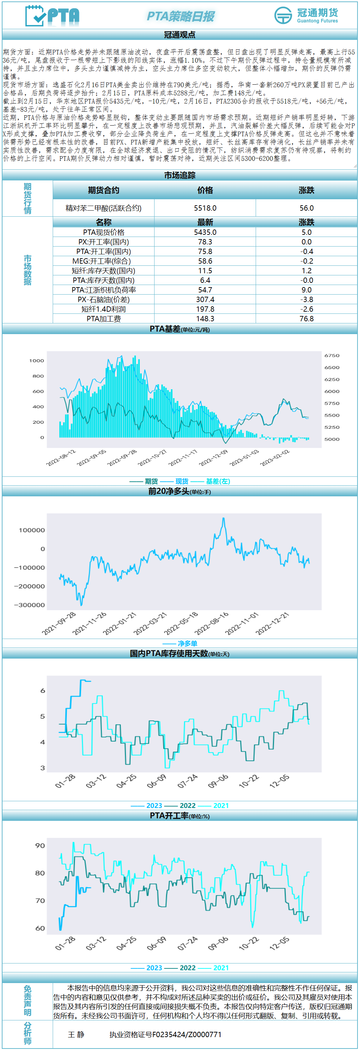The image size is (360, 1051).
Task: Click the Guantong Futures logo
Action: click(x=306, y=16)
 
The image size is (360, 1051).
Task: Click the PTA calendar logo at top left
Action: click(x=52, y=16)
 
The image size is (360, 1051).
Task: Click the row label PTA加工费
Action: click(x=104, y=319)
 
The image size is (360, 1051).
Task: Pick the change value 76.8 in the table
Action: click(x=307, y=319)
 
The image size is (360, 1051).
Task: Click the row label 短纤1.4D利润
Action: click(x=104, y=309)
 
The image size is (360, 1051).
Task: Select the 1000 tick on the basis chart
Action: click(x=37, y=361)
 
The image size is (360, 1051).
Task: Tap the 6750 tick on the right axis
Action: click(x=332, y=356)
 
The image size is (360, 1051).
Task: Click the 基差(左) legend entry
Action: click(x=218, y=481)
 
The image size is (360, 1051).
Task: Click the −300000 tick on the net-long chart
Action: click(x=30, y=605)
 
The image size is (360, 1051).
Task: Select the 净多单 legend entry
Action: click(x=187, y=643)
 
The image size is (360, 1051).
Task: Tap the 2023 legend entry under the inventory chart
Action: click(x=154, y=806)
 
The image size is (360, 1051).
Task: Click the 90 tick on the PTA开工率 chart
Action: click(x=40, y=845)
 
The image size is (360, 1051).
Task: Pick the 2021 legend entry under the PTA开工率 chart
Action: click(x=221, y=968)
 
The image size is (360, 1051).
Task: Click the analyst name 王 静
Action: click(x=76, y=1034)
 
